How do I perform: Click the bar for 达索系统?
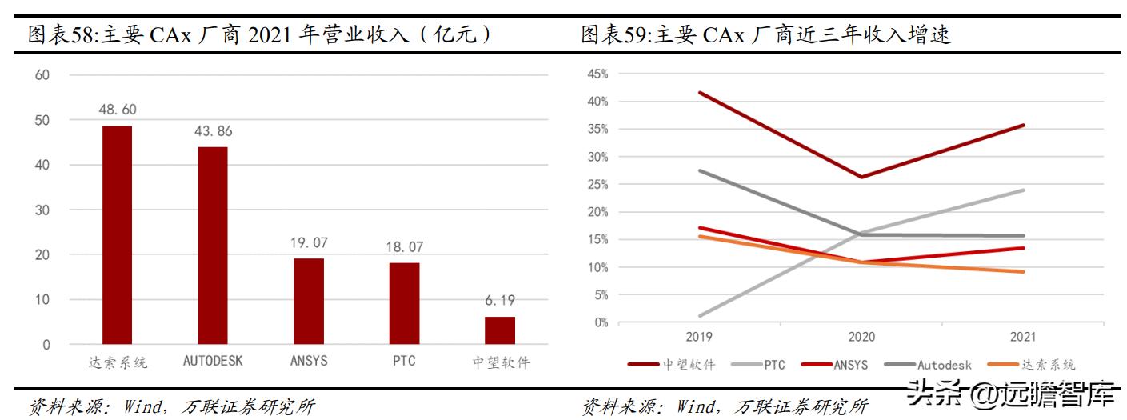(117, 235)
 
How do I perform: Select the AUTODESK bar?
(213, 246)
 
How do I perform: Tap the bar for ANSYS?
(309, 301)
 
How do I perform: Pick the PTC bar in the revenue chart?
(404, 303)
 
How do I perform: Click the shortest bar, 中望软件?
(500, 330)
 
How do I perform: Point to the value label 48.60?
(117, 110)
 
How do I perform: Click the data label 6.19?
(500, 301)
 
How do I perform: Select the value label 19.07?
(309, 242)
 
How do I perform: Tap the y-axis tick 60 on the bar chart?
(42, 75)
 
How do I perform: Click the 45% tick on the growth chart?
(597, 74)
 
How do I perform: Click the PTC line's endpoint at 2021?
(1023, 190)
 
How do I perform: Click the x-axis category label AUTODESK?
(213, 361)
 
